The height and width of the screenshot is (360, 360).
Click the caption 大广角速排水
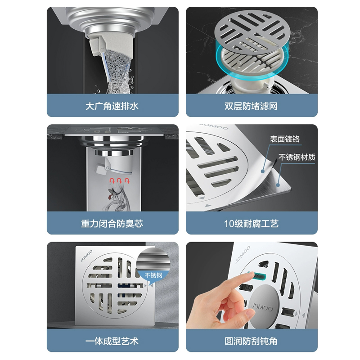[x=112, y=106]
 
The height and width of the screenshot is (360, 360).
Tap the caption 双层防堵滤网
[x=251, y=106]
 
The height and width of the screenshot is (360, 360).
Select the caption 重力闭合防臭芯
[x=112, y=224]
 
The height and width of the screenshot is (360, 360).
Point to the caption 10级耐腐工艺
[x=251, y=224]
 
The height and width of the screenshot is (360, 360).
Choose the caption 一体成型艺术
[x=112, y=341]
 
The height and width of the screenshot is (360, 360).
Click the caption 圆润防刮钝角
[x=251, y=341]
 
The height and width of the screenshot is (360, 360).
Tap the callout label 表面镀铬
[x=285, y=139]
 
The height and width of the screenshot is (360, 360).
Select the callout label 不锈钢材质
[x=297, y=157]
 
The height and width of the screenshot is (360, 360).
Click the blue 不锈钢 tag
[x=153, y=275]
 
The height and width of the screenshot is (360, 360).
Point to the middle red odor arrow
[x=119, y=180]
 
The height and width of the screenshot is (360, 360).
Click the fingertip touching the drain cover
[x=252, y=275]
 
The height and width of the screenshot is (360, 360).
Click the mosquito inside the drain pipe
[x=112, y=195]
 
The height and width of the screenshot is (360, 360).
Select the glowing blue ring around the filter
[x=252, y=60]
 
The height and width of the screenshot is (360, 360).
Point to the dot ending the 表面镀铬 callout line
[x=263, y=171]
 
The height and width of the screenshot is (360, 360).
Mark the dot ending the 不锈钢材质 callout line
[x=278, y=185]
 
